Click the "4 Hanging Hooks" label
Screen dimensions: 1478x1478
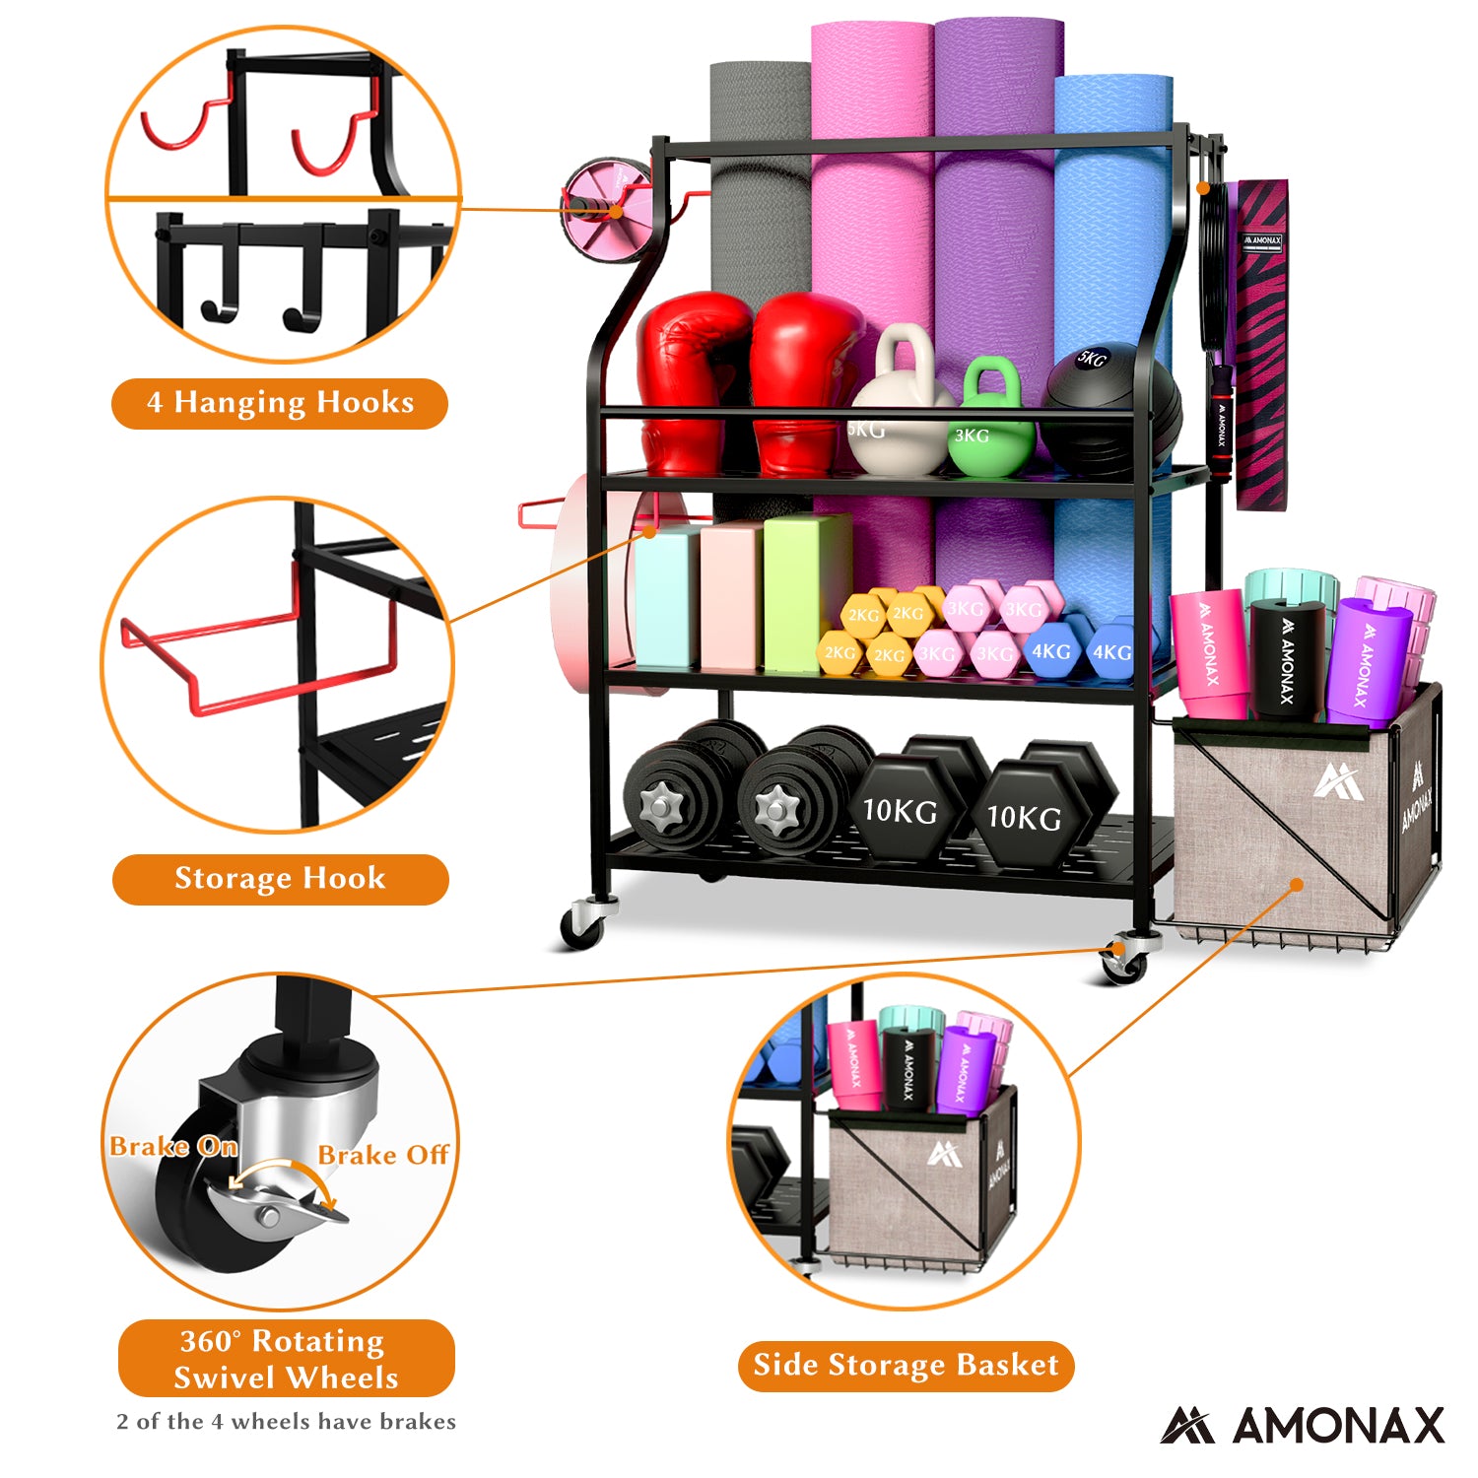click(x=280, y=403)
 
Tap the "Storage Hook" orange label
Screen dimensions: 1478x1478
click(x=280, y=879)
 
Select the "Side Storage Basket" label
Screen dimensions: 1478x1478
click(x=906, y=1366)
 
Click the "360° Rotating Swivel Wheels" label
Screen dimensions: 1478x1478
click(x=286, y=1359)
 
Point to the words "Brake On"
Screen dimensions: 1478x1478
click(x=173, y=1147)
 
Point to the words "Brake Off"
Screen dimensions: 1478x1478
click(x=383, y=1155)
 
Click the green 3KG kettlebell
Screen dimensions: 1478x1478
click(x=990, y=421)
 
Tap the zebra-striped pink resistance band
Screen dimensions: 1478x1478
click(x=1262, y=345)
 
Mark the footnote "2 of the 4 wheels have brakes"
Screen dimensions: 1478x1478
click(x=286, y=1422)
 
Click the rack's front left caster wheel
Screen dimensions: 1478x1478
click(x=581, y=926)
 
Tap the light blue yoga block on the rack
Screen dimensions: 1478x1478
click(x=666, y=599)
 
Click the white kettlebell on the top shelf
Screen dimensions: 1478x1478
click(x=899, y=414)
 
